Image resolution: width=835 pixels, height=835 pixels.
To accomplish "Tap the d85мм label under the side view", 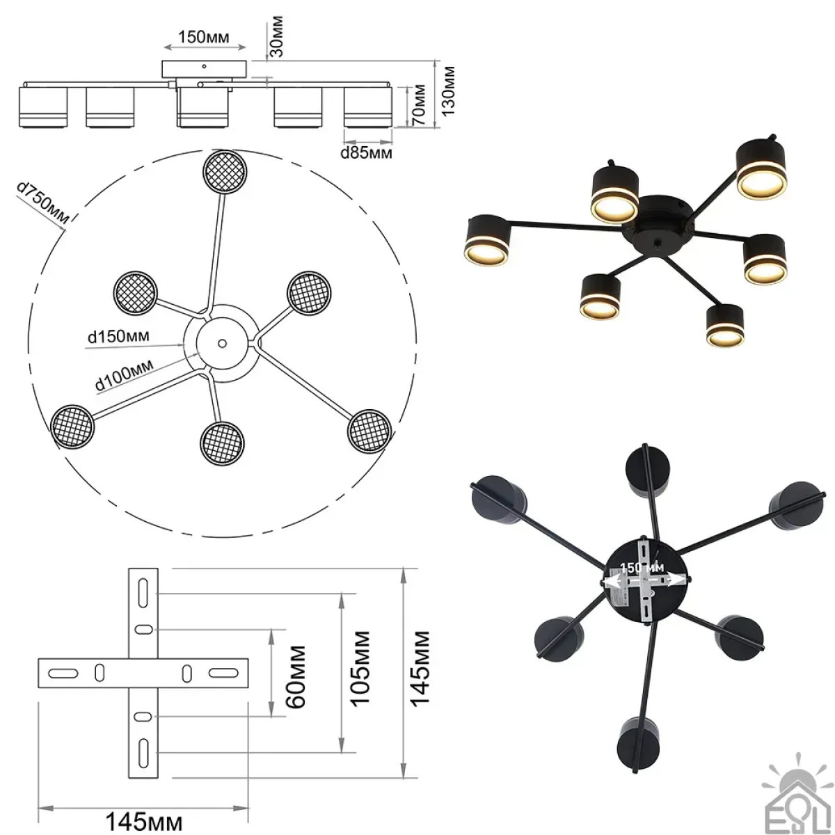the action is [x=367, y=153].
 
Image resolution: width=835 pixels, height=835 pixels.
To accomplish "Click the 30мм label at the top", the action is [x=276, y=36].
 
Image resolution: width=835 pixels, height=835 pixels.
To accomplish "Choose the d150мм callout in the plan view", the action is [x=119, y=336].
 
